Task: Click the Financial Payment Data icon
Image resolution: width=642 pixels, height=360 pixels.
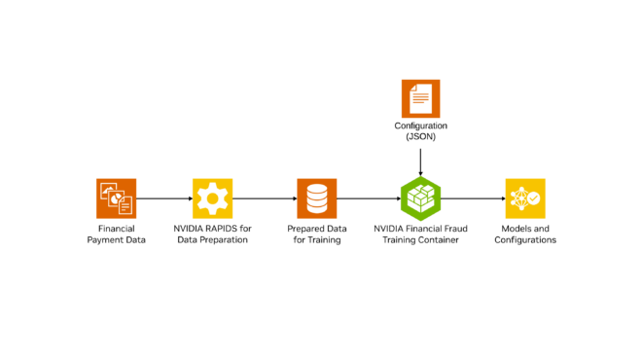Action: (x=116, y=198)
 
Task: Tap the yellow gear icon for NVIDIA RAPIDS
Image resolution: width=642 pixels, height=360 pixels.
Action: (x=213, y=198)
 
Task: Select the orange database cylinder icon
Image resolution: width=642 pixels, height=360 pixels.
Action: (x=317, y=198)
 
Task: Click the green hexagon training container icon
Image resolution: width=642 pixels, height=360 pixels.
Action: (x=420, y=198)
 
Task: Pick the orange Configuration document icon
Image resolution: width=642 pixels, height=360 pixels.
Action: (x=420, y=98)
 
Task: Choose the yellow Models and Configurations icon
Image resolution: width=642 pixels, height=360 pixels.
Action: (x=525, y=198)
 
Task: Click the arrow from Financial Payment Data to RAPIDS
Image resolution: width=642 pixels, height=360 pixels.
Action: (x=164, y=198)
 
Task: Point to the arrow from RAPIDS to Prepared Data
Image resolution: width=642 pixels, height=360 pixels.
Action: (x=265, y=198)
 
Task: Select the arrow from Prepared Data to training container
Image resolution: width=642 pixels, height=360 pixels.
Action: (x=368, y=198)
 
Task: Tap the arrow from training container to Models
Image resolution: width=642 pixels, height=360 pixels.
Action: (x=473, y=198)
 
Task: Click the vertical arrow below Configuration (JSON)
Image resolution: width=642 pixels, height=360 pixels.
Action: (x=420, y=162)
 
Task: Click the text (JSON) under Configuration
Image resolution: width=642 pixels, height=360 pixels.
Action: (x=420, y=138)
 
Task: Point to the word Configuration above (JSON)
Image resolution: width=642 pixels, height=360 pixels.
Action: (x=420, y=126)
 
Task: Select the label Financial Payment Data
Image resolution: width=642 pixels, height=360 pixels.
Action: (x=116, y=234)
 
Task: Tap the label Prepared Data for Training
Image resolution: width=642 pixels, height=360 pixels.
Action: (x=317, y=234)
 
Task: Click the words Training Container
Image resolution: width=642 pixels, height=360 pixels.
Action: (x=420, y=239)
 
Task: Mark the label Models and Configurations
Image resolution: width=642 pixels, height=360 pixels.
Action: (x=525, y=234)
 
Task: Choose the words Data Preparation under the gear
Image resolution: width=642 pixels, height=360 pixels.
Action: (x=213, y=239)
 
